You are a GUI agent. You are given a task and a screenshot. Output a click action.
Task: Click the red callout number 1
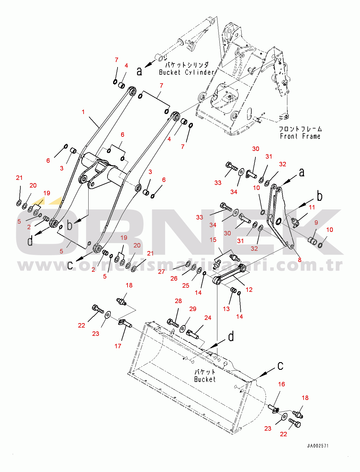[x=83, y=112]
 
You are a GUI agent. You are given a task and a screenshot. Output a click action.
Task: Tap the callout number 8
[x=299, y=260]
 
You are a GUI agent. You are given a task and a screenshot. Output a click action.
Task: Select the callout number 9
[x=316, y=222]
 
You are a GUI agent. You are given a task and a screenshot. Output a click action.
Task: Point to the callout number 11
[x=312, y=207]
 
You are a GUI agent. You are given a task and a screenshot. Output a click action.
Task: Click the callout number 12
[x=249, y=290]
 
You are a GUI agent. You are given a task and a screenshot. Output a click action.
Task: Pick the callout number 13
[x=226, y=309]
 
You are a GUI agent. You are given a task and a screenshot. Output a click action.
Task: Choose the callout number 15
[x=213, y=240]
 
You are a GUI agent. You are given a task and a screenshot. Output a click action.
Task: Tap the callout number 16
[x=281, y=384]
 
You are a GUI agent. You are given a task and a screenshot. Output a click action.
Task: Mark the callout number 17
[x=118, y=346]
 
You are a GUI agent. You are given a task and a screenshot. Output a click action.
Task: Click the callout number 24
[x=208, y=318]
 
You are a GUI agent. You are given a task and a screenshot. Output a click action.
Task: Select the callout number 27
[x=161, y=272]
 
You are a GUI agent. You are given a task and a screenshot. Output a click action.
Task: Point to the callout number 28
[x=178, y=301]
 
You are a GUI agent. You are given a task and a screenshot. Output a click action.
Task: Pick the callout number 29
[x=193, y=309]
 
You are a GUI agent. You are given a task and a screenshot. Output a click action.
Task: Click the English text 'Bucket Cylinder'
[x=187, y=72]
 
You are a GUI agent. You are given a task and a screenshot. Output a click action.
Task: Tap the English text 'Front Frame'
[x=300, y=136]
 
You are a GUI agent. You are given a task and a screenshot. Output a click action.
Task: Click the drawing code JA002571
[x=317, y=446]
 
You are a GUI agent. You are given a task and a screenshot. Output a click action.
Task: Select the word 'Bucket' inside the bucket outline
[x=205, y=379]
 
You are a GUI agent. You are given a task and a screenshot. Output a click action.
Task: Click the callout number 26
[x=174, y=278]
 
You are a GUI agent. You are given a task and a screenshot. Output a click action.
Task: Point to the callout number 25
[x=185, y=286]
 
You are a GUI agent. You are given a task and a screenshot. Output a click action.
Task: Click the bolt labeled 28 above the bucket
[x=173, y=323]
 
